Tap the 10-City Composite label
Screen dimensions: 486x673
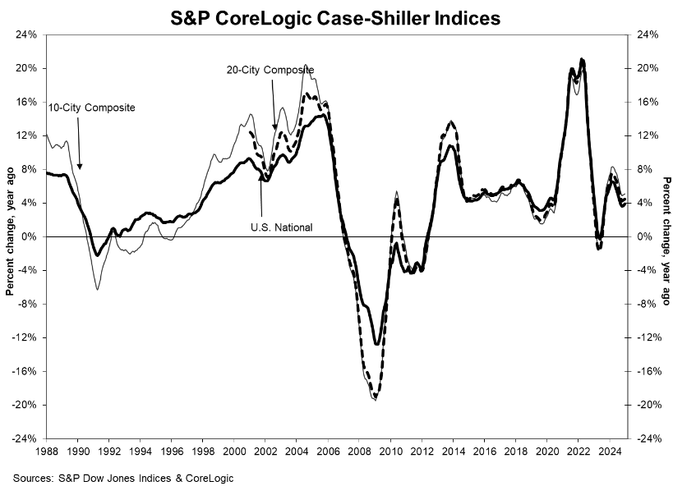pyautogui.click(x=80, y=108)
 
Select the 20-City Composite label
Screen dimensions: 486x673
pyautogui.click(x=270, y=70)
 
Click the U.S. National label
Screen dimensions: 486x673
pyautogui.click(x=282, y=227)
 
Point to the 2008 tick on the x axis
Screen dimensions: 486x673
pyautogui.click(x=358, y=451)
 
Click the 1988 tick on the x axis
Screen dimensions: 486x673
pyautogui.click(x=47, y=451)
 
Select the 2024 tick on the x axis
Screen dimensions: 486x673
pyautogui.click(x=608, y=451)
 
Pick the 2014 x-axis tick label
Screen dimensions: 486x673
pyautogui.click(x=452, y=451)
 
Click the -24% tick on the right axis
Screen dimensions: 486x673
pyautogui.click(x=646, y=438)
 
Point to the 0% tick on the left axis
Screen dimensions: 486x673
pyautogui.click(x=30, y=236)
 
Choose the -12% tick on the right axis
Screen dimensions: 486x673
pyautogui.click(x=646, y=337)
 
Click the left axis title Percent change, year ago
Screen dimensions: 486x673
pyautogui.click(x=11, y=236)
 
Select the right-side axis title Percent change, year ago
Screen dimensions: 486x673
pyautogui.click(x=666, y=236)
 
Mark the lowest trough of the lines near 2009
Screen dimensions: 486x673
pyautogui.click(x=376, y=400)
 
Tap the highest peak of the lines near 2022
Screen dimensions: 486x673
pyautogui.click(x=582, y=59)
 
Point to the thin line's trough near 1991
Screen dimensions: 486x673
pyautogui.click(x=97, y=289)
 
